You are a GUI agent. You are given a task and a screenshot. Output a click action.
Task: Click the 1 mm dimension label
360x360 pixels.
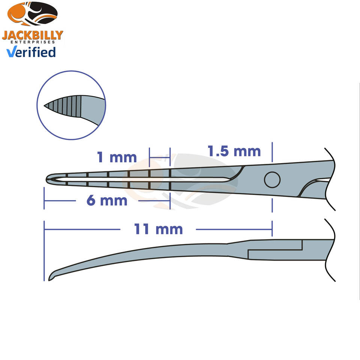pyautogui.click(x=117, y=157)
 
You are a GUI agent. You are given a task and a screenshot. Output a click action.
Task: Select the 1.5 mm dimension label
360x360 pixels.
pyautogui.click(x=234, y=151)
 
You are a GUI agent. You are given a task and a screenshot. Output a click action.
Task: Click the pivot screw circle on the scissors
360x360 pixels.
pyautogui.click(x=272, y=180)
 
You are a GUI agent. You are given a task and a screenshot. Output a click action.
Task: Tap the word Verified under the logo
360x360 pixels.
pyautogui.click(x=31, y=52)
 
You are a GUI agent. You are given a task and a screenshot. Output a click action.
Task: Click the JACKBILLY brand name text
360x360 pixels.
pyautogui.click(x=32, y=36)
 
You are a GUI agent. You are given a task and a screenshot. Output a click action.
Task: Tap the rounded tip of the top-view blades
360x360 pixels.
pyautogui.click(x=48, y=178)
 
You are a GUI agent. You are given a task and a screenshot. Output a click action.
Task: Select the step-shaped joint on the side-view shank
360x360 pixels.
pyautogui.click(x=301, y=249)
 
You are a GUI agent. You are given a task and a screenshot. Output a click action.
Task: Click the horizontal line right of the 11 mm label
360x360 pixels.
pyautogui.click(x=232, y=229)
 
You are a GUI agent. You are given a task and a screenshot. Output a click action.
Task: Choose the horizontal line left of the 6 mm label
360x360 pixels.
pyautogui.click(x=60, y=201)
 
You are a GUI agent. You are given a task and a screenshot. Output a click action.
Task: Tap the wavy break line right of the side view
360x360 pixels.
pyautogui.click(x=330, y=251)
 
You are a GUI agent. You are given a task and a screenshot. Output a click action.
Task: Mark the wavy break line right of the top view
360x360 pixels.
pyautogui.click(x=330, y=178)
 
